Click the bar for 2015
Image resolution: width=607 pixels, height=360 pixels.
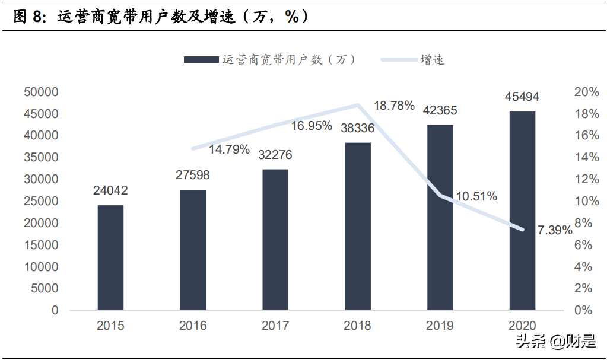click(110, 257)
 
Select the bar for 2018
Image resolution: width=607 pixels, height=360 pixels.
click(358, 226)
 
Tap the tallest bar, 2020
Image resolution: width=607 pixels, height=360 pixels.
click(522, 211)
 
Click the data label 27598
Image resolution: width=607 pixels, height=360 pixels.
click(193, 176)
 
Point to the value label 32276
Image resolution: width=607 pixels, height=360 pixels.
click(275, 155)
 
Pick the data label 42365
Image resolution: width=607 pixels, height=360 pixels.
click(440, 111)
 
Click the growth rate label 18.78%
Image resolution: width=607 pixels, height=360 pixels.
click(394, 106)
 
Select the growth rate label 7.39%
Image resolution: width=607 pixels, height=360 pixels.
click(555, 230)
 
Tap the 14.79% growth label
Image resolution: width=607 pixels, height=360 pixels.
click(229, 149)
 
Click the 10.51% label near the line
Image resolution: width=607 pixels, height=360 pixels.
click(476, 196)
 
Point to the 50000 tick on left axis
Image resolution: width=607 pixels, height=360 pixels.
click(41, 92)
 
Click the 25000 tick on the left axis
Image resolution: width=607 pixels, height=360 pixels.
click(41, 201)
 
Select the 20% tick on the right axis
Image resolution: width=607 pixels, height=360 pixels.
click(587, 92)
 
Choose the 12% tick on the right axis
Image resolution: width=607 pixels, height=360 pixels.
click(587, 179)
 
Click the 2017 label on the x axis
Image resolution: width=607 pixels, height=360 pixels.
click(275, 326)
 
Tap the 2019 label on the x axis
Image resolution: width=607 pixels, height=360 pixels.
click(440, 326)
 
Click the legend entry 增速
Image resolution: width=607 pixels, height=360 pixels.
click(433, 59)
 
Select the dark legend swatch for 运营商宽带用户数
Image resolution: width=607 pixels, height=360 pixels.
click(202, 59)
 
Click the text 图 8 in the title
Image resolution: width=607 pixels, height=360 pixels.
click(29, 16)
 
